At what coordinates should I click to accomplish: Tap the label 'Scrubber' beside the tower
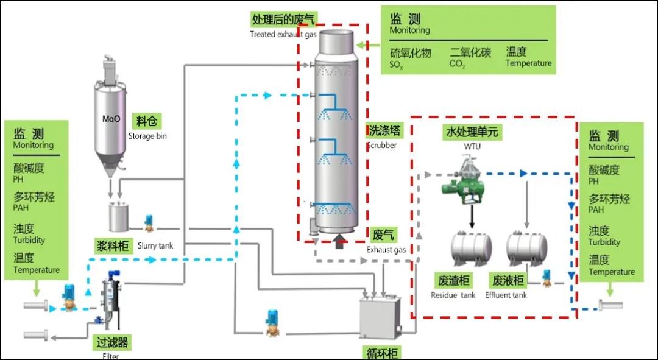pos(381,146)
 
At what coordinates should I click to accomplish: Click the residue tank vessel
pos(470,246)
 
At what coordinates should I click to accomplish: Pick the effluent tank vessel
pos(526,246)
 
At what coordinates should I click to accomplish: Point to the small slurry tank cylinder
pos(119,217)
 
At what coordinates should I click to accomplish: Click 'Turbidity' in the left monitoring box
pos(29,240)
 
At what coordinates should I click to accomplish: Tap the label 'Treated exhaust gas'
pos(283,34)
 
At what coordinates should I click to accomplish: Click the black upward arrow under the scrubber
pos(339,242)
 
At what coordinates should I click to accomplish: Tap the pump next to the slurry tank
pos(148,223)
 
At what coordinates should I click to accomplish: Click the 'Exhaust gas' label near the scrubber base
pos(386,250)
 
